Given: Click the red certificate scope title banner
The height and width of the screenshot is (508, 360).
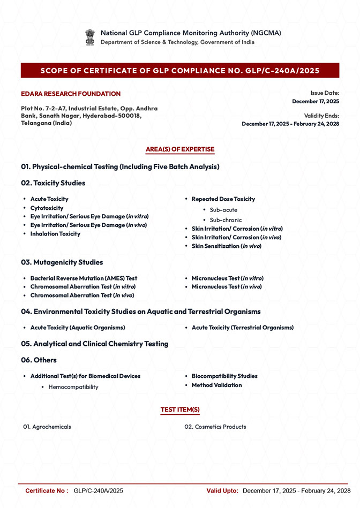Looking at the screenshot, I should pos(180,71).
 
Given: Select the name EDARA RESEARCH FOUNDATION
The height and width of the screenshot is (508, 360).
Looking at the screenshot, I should pos(71,94).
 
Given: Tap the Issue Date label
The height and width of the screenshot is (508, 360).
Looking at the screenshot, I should pos(325,93).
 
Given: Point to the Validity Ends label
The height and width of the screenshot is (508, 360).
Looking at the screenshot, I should pos(321,116).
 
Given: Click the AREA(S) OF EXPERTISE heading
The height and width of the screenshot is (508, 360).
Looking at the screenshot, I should pos(180,149).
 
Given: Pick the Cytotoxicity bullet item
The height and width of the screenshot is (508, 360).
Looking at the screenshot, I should pos(47,208).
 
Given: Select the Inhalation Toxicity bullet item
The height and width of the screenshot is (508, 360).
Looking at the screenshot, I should pos(55,234).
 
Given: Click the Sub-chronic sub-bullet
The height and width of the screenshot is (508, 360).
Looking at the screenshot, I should pos(226,220).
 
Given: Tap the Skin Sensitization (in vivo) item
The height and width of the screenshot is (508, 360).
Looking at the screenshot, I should pos(226,246).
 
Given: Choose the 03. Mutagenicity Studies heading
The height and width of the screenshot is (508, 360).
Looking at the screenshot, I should pos(62,262).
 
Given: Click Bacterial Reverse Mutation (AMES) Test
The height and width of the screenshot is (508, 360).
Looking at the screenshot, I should pos(84,278).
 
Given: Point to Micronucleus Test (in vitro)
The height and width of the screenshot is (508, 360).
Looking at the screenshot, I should pos(227,278).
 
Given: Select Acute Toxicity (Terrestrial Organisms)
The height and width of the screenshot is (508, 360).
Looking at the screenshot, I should pos(242,327).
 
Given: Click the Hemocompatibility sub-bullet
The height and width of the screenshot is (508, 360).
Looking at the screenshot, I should pos(73,387).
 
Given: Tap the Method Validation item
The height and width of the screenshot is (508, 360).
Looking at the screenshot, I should pos(216,385).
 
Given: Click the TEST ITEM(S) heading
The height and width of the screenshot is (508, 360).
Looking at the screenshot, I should pos(180,410).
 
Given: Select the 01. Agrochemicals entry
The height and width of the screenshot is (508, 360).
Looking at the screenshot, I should pos(47,427).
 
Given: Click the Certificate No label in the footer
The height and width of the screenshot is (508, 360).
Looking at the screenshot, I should pos(46,491).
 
